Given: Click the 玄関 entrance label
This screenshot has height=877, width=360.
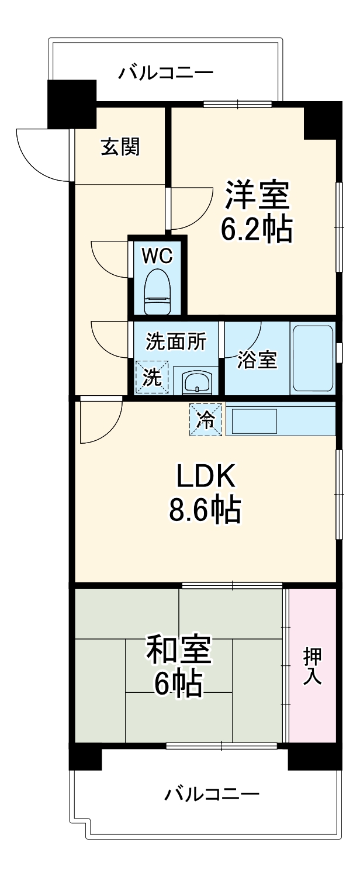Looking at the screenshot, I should [x=121, y=147].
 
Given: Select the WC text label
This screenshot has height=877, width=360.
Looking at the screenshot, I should [x=157, y=255].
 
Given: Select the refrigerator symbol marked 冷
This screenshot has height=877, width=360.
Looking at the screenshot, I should [x=206, y=419].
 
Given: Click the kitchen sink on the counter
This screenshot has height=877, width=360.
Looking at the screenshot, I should [x=255, y=420].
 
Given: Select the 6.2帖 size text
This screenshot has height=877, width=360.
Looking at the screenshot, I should [x=256, y=230].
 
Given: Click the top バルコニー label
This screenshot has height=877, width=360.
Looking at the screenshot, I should [x=167, y=73].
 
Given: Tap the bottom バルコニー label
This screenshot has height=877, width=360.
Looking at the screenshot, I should [x=212, y=794].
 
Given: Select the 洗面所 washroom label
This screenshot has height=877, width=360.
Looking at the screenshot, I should [x=175, y=343].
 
